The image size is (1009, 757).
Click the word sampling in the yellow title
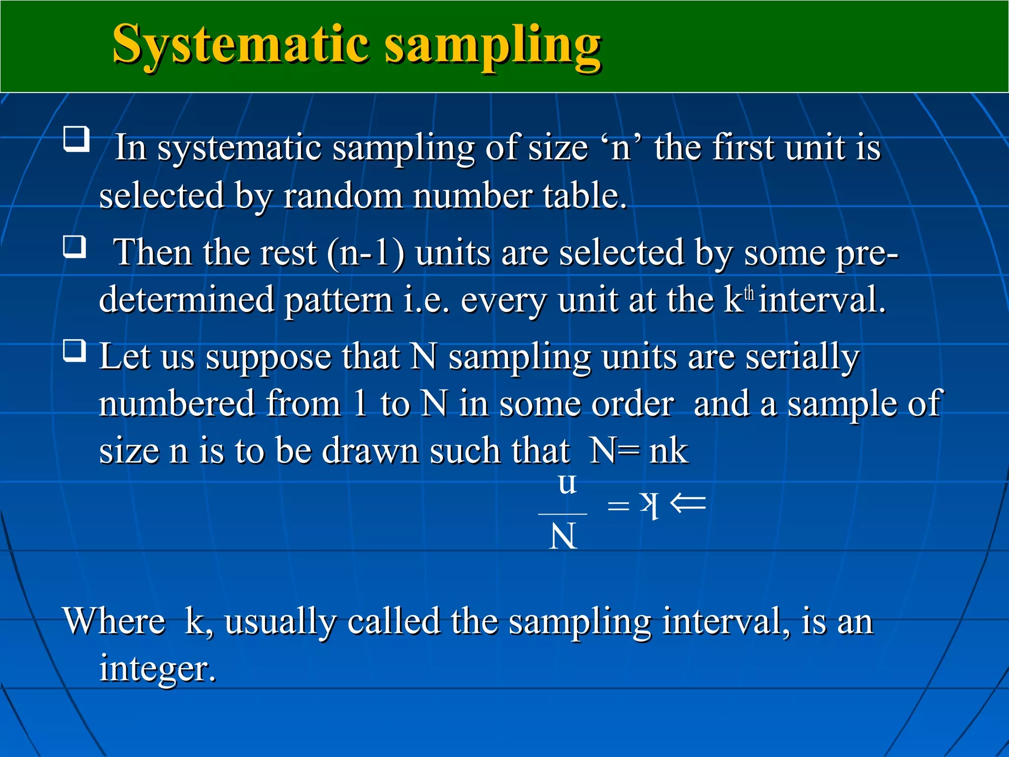pos(493,47)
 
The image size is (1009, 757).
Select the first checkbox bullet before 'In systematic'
pos(76,139)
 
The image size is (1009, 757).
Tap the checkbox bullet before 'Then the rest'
pos(75,246)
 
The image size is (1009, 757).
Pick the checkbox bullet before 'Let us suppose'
pos(75,351)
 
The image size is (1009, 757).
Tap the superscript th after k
pos(749,293)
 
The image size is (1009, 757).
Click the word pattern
pos(339,301)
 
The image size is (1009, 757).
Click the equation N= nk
pos(639,450)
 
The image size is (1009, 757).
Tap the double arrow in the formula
pos(688,504)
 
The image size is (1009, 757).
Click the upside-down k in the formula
pos(649,505)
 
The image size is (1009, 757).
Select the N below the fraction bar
pos(563,537)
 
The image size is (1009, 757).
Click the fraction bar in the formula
pos(563,514)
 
